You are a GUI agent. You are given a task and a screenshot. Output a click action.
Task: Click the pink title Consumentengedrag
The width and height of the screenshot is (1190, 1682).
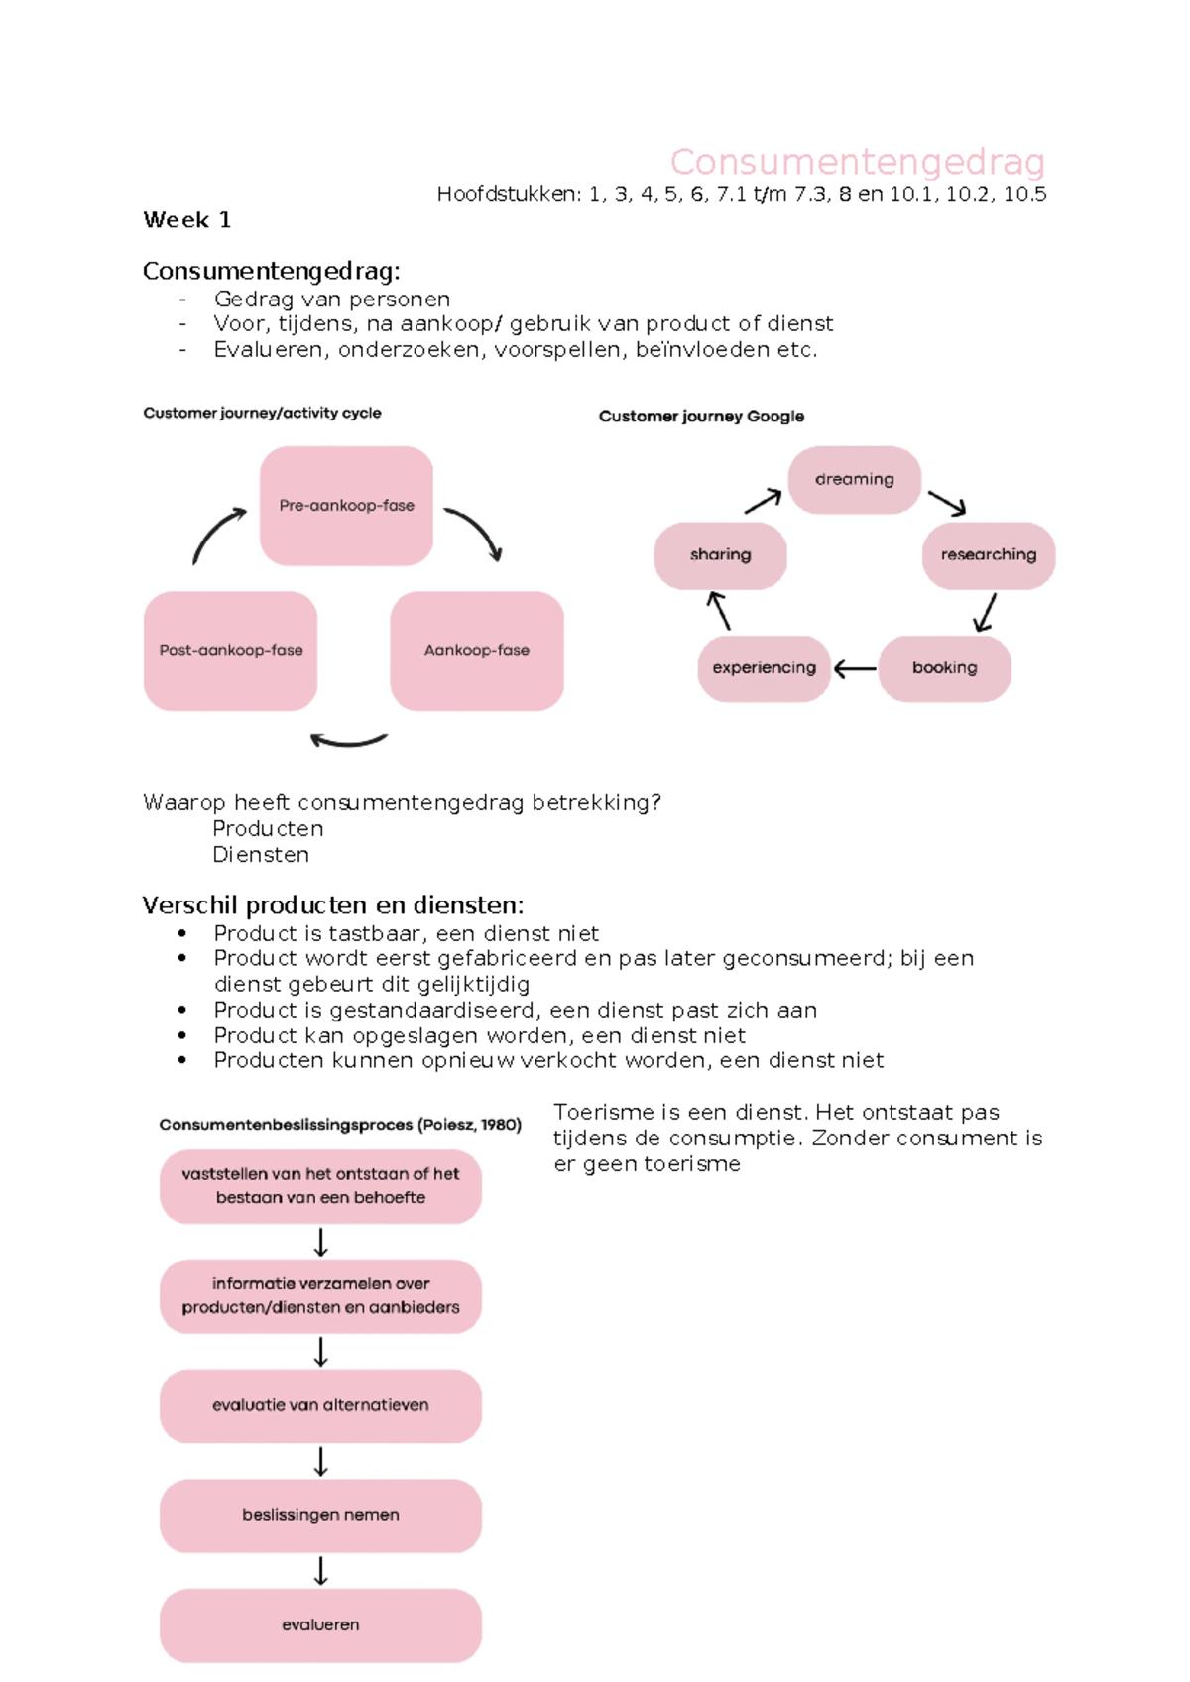[x=857, y=162]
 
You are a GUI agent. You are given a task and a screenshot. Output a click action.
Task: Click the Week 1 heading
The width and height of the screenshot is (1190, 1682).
[x=186, y=220]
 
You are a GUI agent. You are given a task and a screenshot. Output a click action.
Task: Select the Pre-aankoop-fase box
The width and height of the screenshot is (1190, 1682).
[x=346, y=506]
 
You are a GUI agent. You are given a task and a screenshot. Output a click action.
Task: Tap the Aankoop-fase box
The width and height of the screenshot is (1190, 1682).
[x=477, y=651]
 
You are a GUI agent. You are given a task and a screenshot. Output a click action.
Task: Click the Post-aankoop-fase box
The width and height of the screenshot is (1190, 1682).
[x=230, y=651]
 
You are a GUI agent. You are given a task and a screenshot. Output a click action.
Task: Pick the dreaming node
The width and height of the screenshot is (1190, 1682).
[x=854, y=480]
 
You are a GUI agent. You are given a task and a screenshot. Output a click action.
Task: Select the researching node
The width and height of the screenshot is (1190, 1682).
[x=988, y=555]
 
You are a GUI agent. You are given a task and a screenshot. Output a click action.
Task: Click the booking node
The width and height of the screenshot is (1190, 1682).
[x=944, y=668]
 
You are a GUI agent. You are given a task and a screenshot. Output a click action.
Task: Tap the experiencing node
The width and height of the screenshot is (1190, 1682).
[x=764, y=668]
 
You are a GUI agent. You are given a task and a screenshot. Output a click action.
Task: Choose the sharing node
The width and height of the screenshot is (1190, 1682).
[x=720, y=555]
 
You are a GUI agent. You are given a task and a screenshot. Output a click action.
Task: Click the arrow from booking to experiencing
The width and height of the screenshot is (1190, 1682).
[x=855, y=670]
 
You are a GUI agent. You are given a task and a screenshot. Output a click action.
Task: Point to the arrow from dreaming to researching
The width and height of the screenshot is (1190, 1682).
[x=947, y=503]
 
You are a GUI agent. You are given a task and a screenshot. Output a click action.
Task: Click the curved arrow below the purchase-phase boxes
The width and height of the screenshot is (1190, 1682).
[x=348, y=740]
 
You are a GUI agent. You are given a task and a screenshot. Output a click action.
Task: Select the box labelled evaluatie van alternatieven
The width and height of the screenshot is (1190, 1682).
[x=320, y=1405]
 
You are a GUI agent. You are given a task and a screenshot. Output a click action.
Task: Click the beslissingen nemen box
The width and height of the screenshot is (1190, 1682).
[x=320, y=1515]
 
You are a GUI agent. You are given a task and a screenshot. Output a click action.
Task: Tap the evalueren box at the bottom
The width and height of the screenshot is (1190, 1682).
[x=320, y=1625]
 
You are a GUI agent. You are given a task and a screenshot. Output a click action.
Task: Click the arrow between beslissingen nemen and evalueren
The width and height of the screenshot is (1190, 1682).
[x=320, y=1571]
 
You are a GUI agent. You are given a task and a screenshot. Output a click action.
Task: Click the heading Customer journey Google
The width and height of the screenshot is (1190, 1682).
[x=701, y=417]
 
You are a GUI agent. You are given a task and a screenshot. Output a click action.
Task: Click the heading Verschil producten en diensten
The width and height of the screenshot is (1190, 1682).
[x=332, y=905]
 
